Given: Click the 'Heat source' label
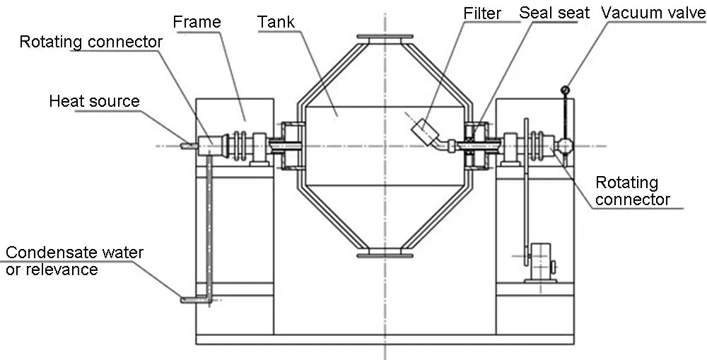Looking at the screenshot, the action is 94,101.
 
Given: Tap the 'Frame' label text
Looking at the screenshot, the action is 197,22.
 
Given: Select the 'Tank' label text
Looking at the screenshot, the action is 276,22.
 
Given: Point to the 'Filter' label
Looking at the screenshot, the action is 482,13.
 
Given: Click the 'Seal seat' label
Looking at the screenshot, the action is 554,13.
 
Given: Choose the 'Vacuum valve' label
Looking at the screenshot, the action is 653,13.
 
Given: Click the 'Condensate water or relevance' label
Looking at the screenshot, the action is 75,261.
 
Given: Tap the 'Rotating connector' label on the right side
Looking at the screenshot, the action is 633,191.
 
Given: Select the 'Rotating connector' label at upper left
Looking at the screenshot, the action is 90,42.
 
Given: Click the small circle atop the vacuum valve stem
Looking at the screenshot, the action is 564,90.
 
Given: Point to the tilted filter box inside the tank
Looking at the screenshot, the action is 425,132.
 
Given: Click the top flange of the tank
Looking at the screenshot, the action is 385,37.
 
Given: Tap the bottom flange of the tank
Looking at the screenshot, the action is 385,256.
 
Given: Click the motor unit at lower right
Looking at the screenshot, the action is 541,262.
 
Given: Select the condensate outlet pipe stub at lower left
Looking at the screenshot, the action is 195,300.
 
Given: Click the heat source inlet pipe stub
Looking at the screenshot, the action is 189,146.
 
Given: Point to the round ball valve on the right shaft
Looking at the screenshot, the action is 564,146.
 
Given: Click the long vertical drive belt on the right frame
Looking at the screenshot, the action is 526,192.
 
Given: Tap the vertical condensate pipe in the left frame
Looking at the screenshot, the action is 209,226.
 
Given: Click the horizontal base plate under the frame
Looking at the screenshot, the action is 385,339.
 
